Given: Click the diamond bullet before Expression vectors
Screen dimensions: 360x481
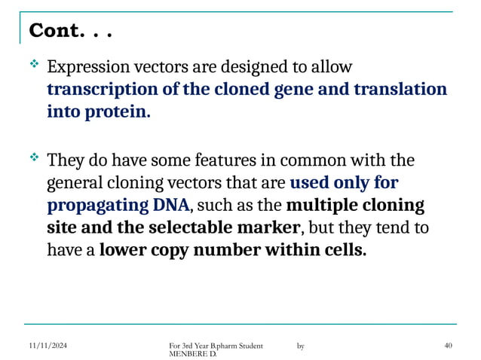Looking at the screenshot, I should coord(33,67).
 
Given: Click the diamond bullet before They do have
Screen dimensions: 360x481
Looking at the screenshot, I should coord(33,159).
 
